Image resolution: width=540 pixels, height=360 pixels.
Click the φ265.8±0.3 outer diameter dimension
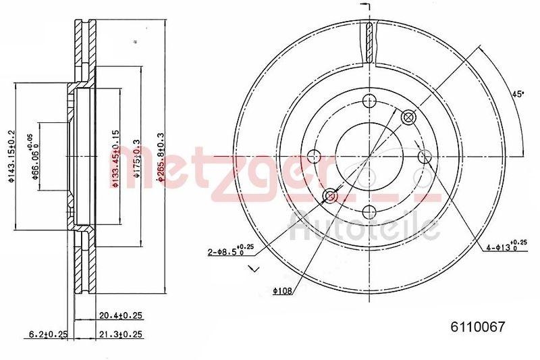tap(161, 156)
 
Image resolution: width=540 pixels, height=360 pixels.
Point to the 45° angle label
tap(518, 95)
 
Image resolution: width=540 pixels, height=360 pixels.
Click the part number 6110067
tap(478, 327)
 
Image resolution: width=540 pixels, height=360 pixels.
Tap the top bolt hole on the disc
tap(369, 101)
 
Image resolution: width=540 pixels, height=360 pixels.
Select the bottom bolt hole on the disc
tap(369, 212)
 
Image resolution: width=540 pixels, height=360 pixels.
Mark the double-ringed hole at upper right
tap(408, 118)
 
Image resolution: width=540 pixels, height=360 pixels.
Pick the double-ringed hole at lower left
tap(330, 196)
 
